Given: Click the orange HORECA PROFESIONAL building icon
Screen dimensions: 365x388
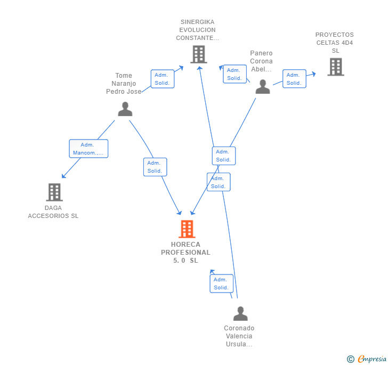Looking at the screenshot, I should tap(187, 229).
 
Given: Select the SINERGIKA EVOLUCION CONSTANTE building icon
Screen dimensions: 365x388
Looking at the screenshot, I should tap(198, 54).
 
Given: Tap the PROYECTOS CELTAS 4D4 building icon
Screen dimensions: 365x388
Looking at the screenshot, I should tap(335, 67).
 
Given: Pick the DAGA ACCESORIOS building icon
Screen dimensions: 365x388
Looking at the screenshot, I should tap(54, 192).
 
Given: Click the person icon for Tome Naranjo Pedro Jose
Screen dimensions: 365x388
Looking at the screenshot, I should tap(125, 109).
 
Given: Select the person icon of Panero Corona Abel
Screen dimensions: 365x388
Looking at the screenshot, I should tap(262, 86).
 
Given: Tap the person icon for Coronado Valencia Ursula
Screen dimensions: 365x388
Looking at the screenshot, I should tap(240, 314).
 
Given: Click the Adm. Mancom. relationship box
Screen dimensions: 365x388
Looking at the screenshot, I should tap(88, 149).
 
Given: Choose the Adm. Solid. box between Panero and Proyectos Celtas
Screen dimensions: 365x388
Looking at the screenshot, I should tap(294, 79).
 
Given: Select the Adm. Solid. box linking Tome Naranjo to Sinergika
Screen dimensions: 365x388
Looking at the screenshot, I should tap(162, 79).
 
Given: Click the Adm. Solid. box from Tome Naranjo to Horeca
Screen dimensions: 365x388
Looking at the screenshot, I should tap(155, 167).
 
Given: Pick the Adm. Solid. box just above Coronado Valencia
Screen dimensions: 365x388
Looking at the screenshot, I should tap(221, 283).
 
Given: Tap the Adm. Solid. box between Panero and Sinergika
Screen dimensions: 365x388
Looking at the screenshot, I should tap(234, 74).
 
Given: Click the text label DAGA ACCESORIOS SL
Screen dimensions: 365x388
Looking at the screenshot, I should tap(53, 212).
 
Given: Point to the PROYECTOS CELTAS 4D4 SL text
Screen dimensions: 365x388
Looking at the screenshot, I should tap(335, 43).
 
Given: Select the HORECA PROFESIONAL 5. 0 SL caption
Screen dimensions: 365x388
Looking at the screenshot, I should tap(185, 253).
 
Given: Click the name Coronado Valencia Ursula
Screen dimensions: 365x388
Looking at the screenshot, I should tap(239, 336).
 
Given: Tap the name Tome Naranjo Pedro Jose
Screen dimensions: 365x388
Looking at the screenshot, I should tap(124, 84).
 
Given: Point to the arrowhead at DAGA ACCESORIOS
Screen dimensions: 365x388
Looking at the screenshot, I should tap(63, 176).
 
